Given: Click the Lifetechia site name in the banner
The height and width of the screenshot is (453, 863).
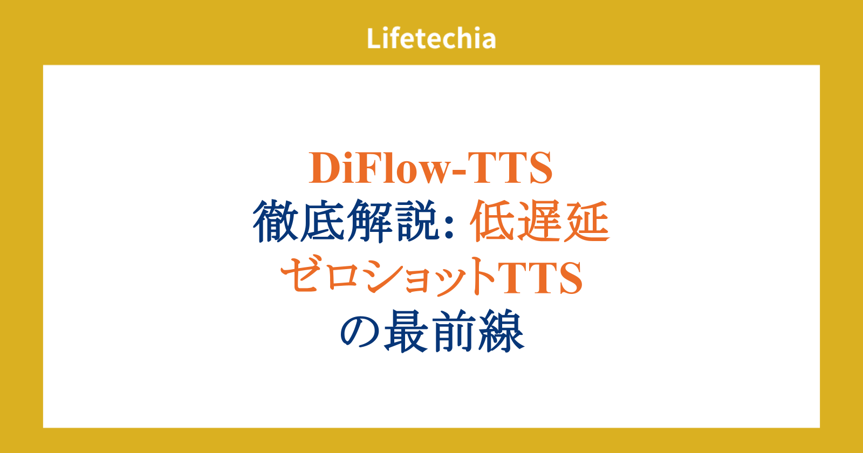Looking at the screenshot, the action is [x=431, y=38].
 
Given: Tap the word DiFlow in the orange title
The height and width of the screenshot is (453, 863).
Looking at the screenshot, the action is [x=379, y=168].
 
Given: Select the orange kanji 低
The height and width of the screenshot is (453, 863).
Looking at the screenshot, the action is [x=493, y=221].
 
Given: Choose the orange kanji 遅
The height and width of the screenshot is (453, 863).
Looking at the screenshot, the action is [x=540, y=221].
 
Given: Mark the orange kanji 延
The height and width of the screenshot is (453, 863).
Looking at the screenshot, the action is [x=587, y=221].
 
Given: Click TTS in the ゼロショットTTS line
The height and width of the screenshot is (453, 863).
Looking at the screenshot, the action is [x=539, y=277].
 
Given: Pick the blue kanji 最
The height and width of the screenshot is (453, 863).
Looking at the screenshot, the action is [x=407, y=331].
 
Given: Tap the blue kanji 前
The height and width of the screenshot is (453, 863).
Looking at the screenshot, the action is [x=454, y=331].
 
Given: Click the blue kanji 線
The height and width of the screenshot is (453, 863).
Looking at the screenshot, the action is [x=501, y=331].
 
